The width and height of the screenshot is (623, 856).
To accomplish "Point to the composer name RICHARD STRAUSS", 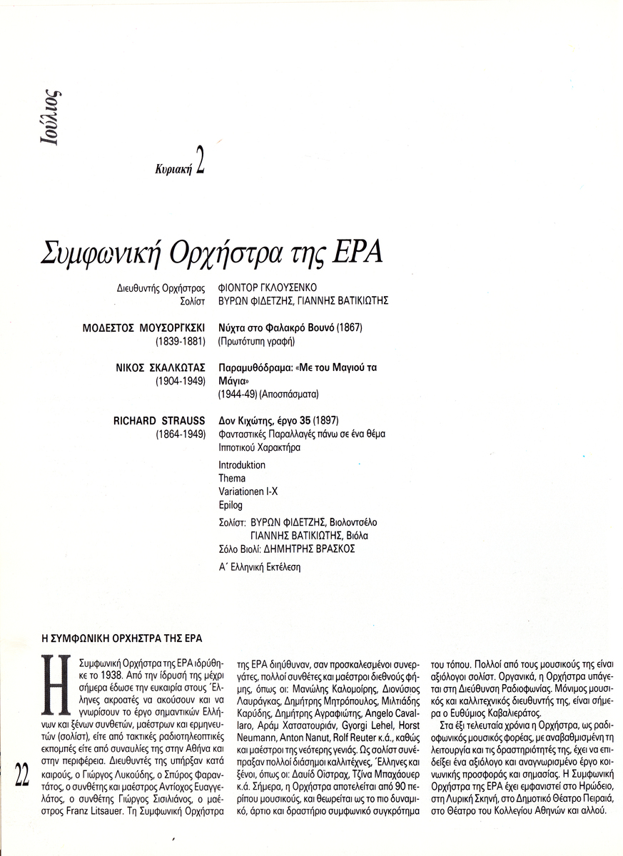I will click(159, 420).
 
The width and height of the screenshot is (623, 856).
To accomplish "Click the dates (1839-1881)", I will click(181, 341).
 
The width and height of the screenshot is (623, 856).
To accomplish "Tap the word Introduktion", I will click(242, 464).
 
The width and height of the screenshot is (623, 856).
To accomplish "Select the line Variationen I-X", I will click(249, 491).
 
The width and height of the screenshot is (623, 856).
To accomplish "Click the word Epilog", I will click(231, 505).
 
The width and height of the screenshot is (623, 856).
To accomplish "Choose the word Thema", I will click(232, 478).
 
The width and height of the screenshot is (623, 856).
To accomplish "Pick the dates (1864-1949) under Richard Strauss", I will click(181, 434).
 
